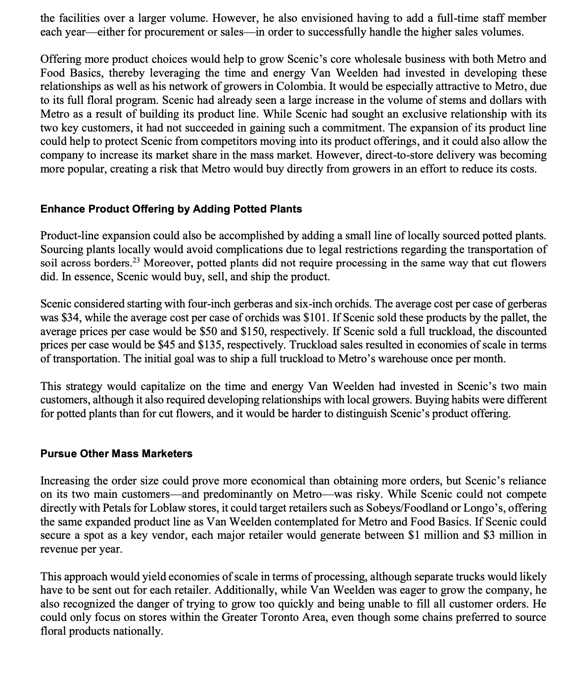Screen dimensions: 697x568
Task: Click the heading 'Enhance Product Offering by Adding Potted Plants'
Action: tap(171, 209)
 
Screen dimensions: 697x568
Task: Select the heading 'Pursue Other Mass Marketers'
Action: tap(116, 453)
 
